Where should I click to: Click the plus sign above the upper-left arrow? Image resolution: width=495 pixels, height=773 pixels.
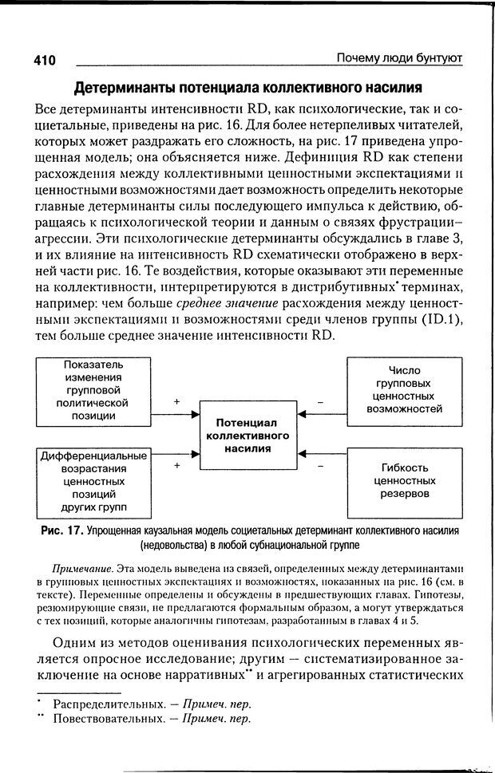pos(176,403)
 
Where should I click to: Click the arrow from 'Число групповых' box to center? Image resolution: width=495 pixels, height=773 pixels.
pos(322,413)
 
